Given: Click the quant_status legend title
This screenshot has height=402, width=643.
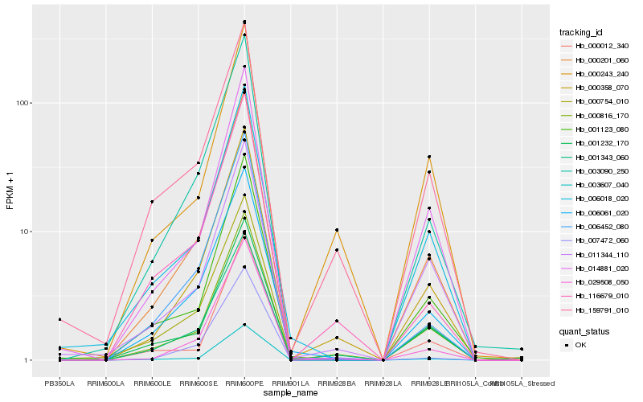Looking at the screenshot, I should coord(585,330).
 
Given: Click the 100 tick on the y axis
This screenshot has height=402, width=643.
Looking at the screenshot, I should coord(23,103).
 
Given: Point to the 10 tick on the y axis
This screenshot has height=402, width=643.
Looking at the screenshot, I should coord(26,232).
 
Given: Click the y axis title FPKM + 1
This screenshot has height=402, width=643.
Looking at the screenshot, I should coord(10,191).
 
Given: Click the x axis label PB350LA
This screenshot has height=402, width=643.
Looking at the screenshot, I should coord(59,384).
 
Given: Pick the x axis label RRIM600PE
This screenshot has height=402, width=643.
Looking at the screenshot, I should coord(244,384).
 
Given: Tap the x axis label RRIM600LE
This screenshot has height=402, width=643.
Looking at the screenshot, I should coord(152,384).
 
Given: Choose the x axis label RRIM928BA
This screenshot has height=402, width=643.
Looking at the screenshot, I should coord(337,384).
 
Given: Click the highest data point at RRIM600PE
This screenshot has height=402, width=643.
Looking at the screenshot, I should coord(244,22).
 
